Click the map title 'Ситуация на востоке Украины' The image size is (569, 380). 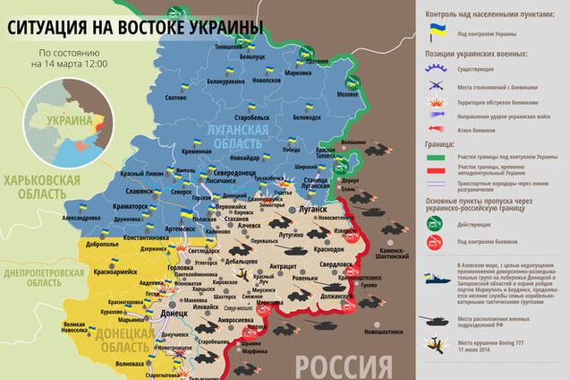click(x=134, y=29)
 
